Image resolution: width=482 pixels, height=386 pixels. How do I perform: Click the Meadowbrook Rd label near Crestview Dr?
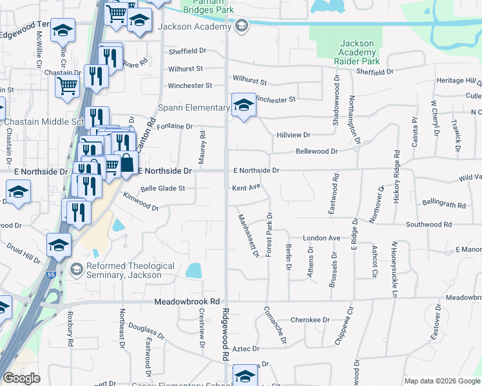pyautogui.click(x=187, y=301)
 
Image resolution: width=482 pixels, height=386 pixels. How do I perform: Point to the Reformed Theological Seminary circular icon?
pyautogui.click(x=77, y=268)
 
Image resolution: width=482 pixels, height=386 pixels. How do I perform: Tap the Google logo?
pyautogui.click(x=22, y=378)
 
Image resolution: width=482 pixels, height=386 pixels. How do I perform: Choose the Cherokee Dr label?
pyautogui.click(x=310, y=320)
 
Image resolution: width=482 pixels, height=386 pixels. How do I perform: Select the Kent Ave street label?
pyautogui.click(x=246, y=188)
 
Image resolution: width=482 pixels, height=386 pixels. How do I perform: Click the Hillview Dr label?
pyautogui.click(x=293, y=135)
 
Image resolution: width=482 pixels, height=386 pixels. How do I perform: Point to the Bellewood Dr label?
pyautogui.click(x=316, y=151)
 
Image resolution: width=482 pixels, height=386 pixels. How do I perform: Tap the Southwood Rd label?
pyautogui.click(x=429, y=225)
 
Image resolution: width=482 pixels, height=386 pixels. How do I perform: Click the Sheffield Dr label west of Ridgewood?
pyautogui.click(x=186, y=51)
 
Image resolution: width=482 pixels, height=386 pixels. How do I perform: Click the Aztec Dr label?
pyautogui.click(x=246, y=349)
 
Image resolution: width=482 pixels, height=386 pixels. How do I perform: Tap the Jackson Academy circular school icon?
pyautogui.click(x=241, y=26)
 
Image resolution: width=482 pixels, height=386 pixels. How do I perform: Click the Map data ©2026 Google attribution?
pyautogui.click(x=441, y=381)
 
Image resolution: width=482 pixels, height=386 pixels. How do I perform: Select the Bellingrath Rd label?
pyautogui.click(x=444, y=205)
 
